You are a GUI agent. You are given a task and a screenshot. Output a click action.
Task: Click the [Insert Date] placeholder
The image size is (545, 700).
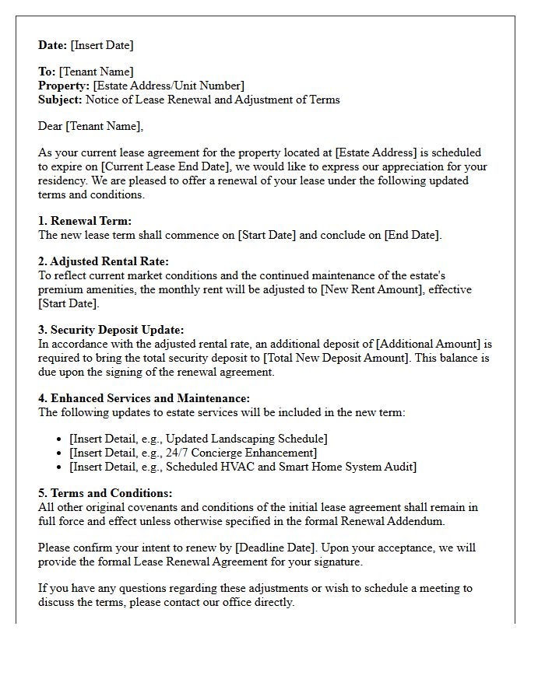tap(102, 45)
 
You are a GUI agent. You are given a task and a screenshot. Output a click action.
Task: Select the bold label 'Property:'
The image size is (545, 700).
tap(64, 86)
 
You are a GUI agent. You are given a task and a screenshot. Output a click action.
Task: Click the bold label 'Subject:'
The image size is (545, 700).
tap(60, 100)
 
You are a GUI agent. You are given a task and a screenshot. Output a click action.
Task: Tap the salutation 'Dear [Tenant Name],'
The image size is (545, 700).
tap(91, 126)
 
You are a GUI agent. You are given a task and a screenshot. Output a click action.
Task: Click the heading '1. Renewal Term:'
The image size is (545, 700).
tap(85, 221)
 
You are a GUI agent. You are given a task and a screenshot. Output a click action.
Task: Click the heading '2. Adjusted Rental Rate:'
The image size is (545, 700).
tap(104, 261)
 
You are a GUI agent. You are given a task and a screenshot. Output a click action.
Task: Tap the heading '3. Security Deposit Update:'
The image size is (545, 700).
tap(111, 330)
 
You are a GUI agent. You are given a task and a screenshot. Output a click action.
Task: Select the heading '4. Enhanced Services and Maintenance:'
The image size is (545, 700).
tap(144, 398)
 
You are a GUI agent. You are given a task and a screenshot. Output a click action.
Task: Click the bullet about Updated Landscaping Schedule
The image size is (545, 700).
tap(199, 439)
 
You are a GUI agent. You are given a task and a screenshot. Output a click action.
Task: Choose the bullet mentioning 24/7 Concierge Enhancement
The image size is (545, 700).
tap(193, 453)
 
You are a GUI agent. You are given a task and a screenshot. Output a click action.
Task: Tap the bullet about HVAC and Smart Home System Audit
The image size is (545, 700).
tap(243, 467)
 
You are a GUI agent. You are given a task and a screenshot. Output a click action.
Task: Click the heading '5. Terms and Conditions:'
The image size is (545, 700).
tap(105, 493)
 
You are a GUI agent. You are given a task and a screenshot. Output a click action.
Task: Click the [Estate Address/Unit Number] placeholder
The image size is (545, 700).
tap(168, 86)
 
